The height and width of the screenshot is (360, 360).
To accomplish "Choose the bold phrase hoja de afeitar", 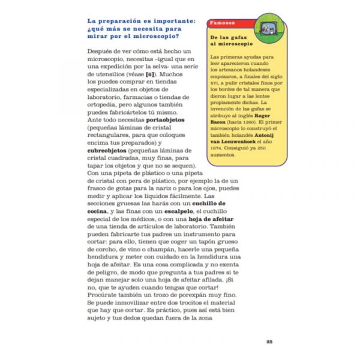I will click(176, 219).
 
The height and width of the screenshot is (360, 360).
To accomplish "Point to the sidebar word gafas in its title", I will click(241, 38).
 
